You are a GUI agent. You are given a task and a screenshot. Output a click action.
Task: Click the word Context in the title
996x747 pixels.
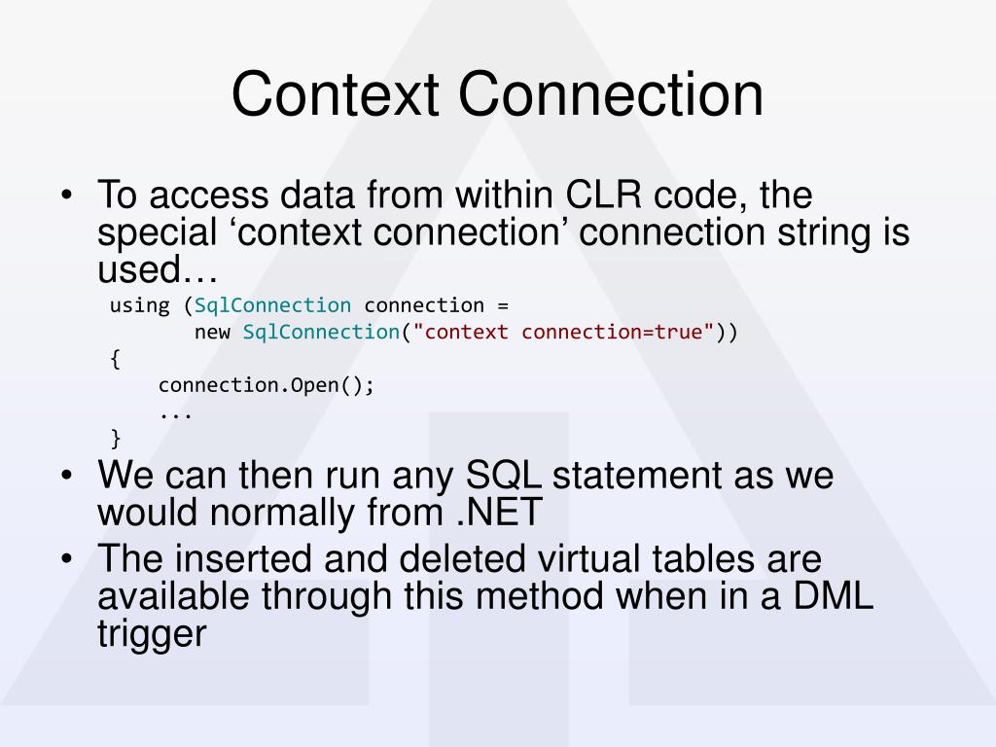[335, 94]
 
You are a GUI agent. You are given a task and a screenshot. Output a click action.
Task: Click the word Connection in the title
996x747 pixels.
[611, 94]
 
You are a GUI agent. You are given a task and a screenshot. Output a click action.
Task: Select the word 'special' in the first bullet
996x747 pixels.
[157, 233]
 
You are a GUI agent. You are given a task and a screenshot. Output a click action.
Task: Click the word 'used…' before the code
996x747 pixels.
[157, 269]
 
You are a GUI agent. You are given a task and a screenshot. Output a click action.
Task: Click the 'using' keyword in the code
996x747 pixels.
[139, 306]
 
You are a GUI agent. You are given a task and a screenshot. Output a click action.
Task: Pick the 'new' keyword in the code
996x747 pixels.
[211, 333]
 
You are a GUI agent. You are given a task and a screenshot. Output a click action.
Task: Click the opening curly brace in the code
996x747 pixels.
[115, 359]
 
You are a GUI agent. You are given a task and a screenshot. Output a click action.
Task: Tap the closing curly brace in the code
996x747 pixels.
[115, 439]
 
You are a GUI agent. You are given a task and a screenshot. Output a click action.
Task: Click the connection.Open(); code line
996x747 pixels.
[267, 385]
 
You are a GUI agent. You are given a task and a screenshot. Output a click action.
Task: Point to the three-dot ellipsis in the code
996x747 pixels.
[175, 416]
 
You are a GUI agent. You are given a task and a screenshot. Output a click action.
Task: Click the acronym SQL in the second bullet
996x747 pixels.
[503, 475]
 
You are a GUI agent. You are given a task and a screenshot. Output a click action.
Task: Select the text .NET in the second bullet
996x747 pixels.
[499, 512]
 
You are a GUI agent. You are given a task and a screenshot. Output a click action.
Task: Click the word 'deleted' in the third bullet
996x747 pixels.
[462, 559]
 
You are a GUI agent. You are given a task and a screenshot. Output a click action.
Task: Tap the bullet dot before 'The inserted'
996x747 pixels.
[67, 559]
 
